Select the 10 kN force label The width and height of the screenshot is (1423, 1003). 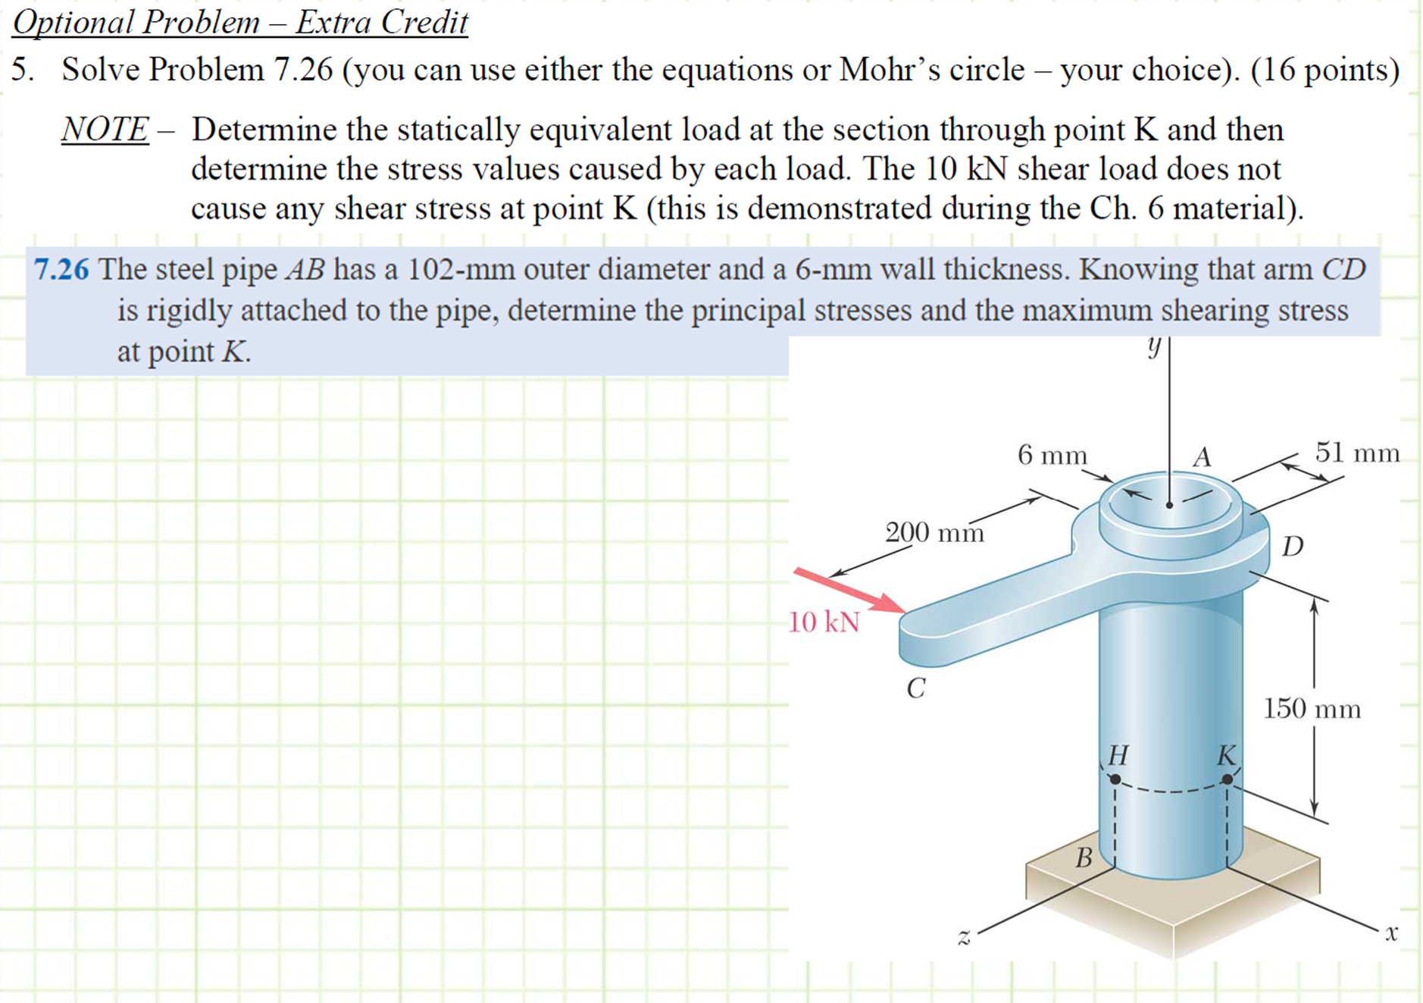(x=824, y=622)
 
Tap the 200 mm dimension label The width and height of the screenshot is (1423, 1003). (x=934, y=532)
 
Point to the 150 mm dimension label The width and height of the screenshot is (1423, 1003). (x=1311, y=709)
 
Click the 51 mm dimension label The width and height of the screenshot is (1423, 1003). (x=1357, y=453)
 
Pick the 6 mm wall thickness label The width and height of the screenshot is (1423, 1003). (x=1052, y=455)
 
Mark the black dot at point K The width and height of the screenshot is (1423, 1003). (x=1227, y=779)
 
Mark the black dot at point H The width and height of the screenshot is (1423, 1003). (x=1115, y=779)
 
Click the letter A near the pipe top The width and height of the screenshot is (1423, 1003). (x=1202, y=457)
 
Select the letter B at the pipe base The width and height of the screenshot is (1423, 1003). (x=1084, y=858)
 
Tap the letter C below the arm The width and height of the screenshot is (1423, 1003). (x=916, y=688)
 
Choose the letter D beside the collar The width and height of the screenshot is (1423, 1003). (x=1293, y=546)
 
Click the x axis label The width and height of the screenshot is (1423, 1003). (x=1391, y=932)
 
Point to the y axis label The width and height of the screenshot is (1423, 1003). (x=1153, y=347)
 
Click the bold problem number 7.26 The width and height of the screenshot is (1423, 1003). (x=61, y=269)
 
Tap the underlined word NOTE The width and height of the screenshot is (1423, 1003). (x=105, y=129)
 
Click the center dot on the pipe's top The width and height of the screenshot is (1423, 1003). (x=1170, y=504)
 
